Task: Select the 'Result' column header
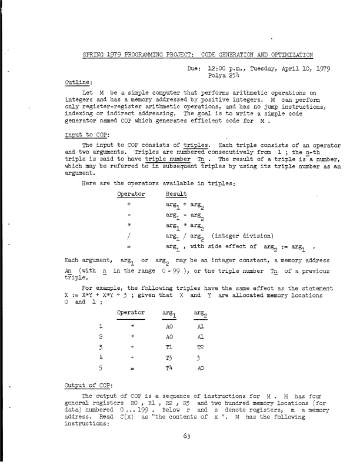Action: click(176, 193)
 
